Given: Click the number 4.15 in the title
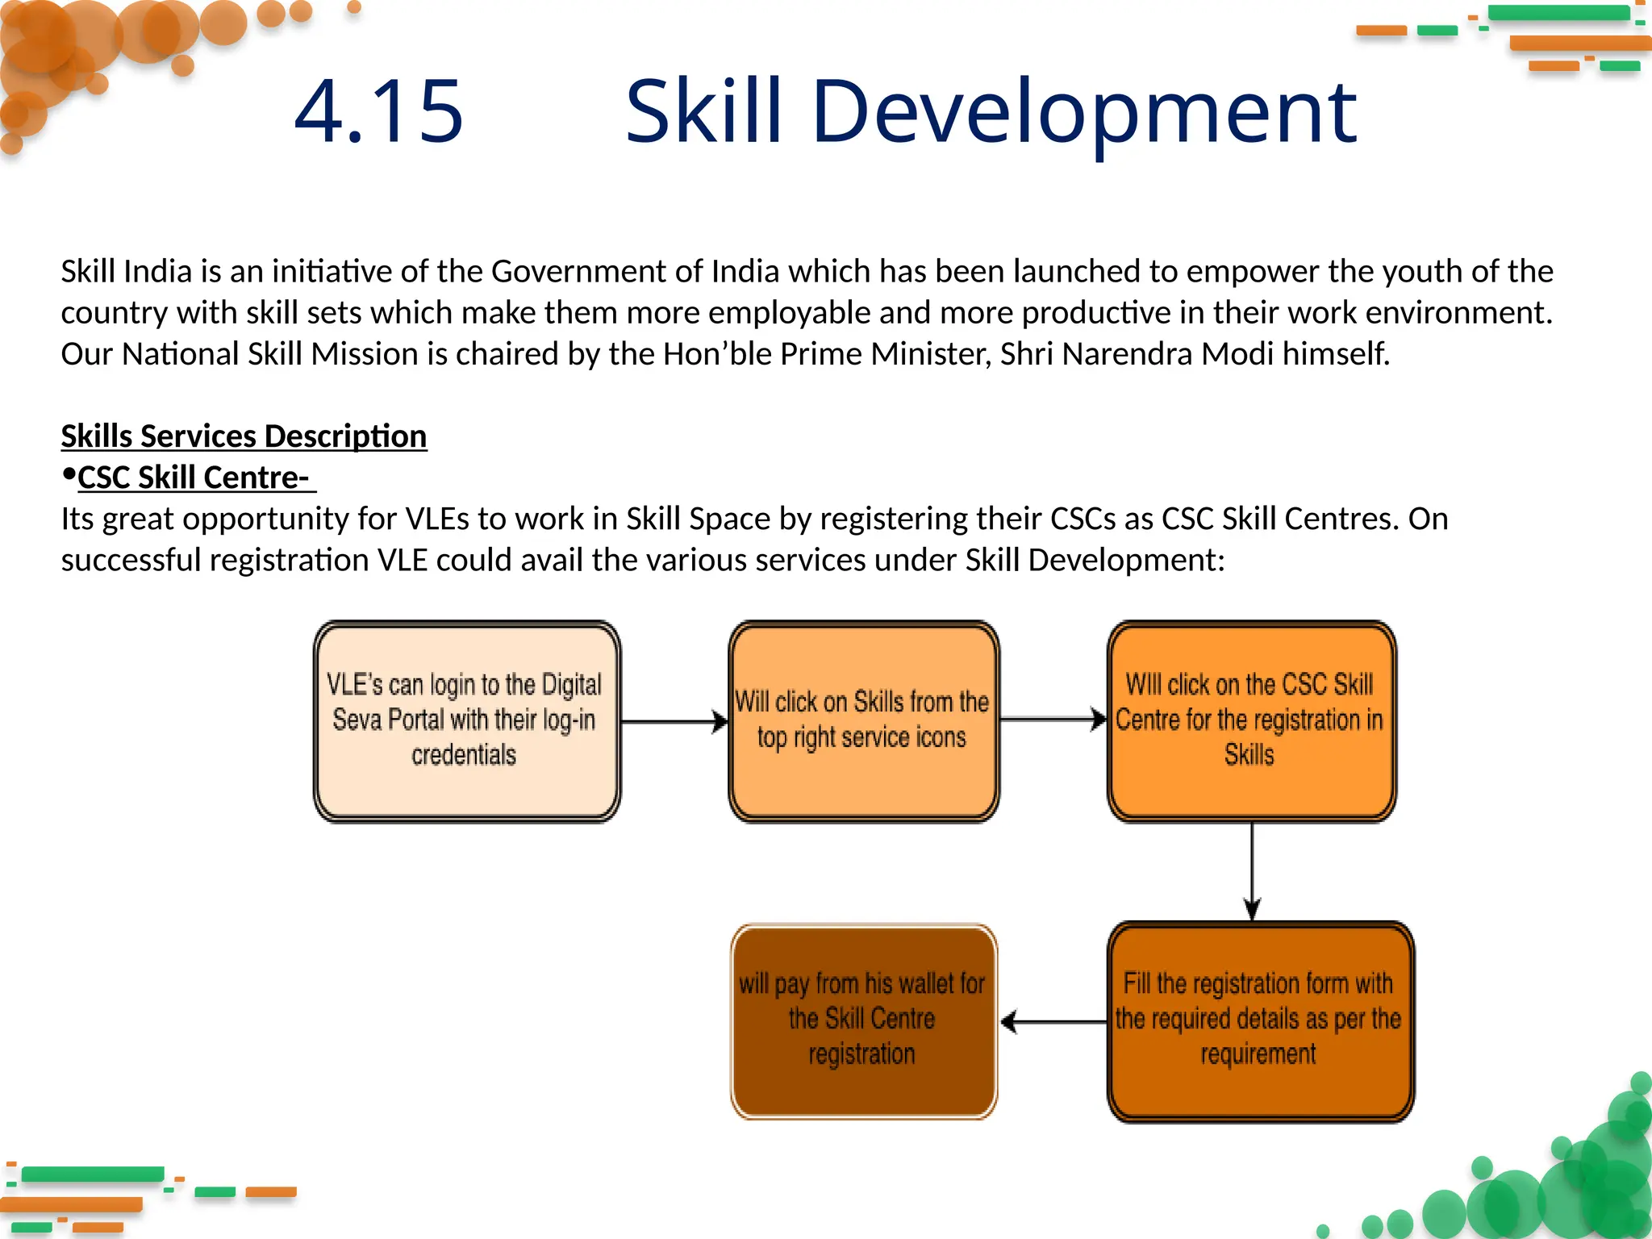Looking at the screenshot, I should tap(379, 111).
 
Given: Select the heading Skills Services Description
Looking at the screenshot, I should tap(244, 436).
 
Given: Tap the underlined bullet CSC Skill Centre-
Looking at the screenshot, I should tap(194, 478).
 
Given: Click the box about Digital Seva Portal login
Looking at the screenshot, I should tap(466, 721).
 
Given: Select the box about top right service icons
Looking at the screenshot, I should tap(863, 721).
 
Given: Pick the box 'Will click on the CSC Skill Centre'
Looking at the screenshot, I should tap(1250, 721).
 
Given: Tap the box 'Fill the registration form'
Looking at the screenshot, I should tap(1258, 1021).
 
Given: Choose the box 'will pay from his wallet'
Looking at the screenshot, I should tap(863, 1021).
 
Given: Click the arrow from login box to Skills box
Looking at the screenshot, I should tap(674, 721).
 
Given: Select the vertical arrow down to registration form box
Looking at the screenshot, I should tap(1252, 871).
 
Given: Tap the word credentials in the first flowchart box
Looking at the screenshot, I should tap(464, 756).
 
